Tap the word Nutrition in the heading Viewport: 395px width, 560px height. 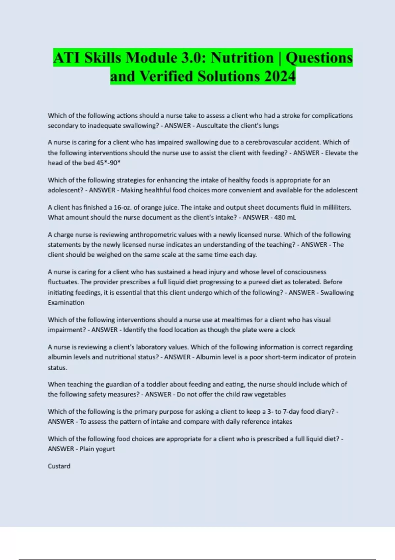(242, 58)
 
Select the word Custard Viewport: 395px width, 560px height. (59, 466)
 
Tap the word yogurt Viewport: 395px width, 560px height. (105, 449)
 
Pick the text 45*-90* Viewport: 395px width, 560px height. (109, 163)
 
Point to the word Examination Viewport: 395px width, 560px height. (66, 302)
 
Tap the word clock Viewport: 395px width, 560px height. (287, 330)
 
